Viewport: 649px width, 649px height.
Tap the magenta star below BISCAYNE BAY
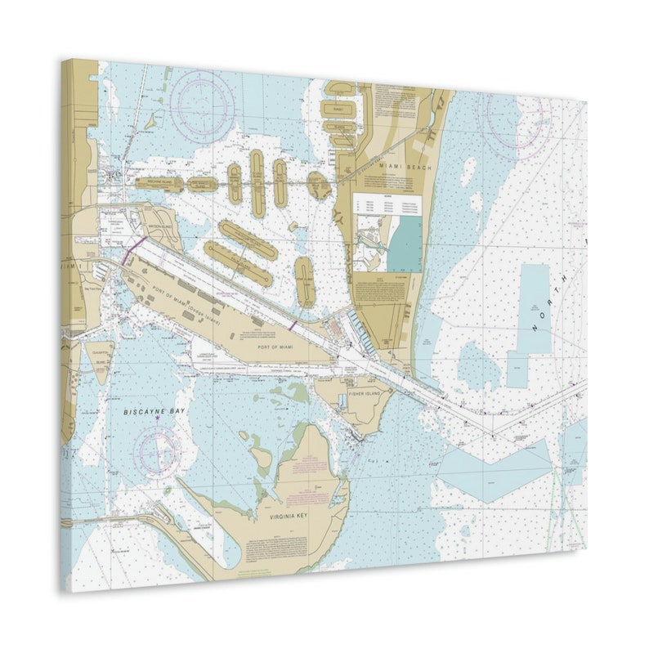(x=157, y=419)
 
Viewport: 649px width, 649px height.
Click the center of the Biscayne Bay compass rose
(x=158, y=450)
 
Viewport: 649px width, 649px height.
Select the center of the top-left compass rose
(x=202, y=106)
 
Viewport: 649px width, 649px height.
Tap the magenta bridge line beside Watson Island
(x=133, y=248)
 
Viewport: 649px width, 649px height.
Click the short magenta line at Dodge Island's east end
(x=293, y=325)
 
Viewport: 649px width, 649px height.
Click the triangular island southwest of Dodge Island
(x=99, y=360)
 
